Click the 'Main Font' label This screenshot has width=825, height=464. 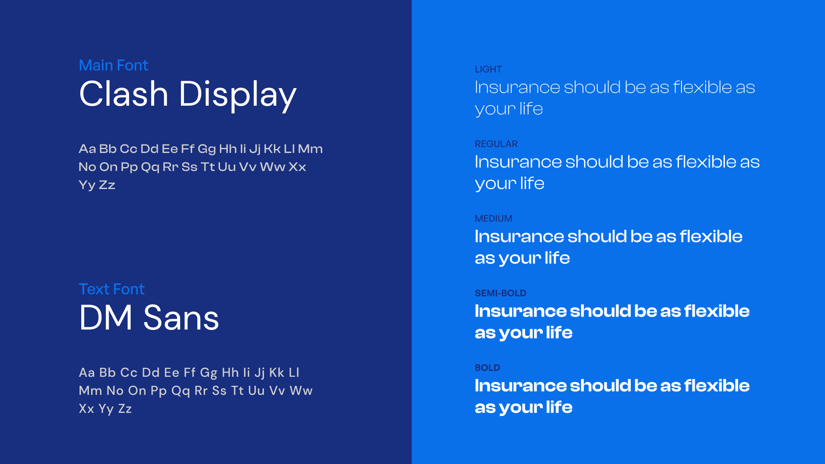(113, 65)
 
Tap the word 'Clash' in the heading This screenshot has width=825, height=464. (124, 94)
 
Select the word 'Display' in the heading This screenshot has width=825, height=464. (237, 95)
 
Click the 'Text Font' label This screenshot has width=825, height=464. (112, 289)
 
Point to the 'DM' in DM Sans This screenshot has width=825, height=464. (106, 318)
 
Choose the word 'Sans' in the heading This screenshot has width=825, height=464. (181, 318)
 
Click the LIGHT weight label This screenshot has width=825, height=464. (488, 69)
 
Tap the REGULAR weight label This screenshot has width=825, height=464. (496, 144)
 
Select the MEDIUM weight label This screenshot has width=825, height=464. (493, 219)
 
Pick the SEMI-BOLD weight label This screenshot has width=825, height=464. (500, 293)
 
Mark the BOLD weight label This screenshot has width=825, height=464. (487, 368)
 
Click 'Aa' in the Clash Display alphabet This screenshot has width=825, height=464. (87, 149)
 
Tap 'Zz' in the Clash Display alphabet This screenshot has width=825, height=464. (107, 185)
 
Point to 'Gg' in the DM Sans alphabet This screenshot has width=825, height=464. (208, 372)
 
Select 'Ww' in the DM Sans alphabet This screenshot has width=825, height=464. (301, 391)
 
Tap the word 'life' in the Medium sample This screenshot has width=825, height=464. (557, 258)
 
